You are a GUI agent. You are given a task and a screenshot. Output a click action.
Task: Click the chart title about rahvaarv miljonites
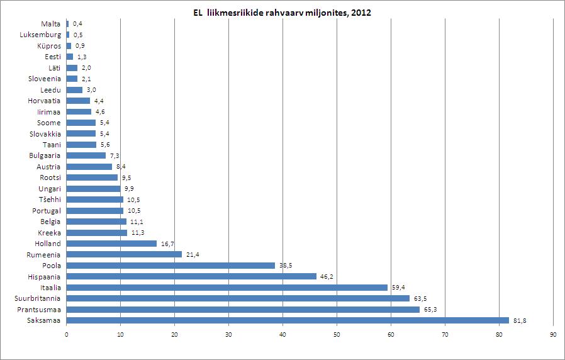tap(282, 13)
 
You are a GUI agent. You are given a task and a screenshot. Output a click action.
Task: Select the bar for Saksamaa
tap(288, 320)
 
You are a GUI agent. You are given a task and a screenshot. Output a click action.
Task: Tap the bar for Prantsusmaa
tap(243, 310)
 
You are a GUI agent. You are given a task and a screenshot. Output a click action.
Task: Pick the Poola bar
tap(171, 266)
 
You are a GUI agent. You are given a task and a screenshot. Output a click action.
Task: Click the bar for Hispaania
tap(191, 276)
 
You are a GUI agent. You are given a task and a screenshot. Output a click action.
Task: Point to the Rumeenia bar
tap(124, 254)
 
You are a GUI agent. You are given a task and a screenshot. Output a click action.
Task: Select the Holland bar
tap(111, 244)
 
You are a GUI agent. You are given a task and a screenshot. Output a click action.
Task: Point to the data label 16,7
tap(166, 244)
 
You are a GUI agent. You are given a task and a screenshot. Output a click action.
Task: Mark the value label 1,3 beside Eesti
tap(82, 57)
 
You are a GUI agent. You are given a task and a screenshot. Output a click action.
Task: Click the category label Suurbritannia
tap(39, 298)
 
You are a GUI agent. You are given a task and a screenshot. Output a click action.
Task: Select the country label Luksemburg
tap(40, 35)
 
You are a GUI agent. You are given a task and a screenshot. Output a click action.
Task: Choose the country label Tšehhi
tap(48, 200)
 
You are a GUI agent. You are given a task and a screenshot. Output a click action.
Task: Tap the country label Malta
tap(51, 23)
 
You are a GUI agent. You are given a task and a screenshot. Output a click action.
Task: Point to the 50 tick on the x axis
tap(337, 334)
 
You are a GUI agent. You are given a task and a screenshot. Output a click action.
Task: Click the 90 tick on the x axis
tap(553, 334)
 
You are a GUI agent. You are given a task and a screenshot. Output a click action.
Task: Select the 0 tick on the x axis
tap(66, 334)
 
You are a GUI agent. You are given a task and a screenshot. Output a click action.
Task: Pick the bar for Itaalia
tap(227, 288)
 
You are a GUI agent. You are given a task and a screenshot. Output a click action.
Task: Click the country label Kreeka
tap(49, 232)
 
